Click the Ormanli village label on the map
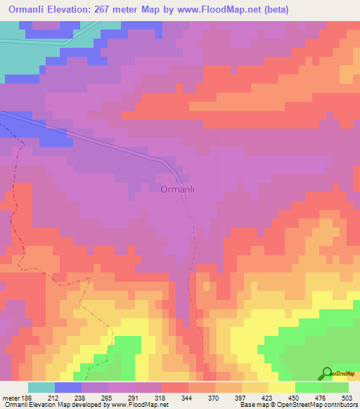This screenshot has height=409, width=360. [182, 189]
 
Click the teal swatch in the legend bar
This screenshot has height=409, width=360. [41, 387]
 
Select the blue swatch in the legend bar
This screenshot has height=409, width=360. [68, 387]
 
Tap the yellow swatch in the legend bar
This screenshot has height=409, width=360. [282, 387]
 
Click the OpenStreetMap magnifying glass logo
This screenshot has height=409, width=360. [326, 374]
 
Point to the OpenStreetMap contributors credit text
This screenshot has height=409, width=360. [299, 405]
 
